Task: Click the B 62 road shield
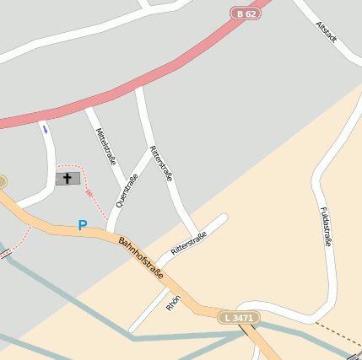[246, 13]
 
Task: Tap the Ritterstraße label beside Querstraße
[161, 164]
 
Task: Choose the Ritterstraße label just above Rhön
[188, 244]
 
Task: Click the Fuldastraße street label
[325, 226]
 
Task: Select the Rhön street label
[174, 302]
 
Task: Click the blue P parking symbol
[82, 225]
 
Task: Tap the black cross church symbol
[68, 179]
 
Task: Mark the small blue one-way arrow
[44, 129]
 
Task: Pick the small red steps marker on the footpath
[89, 193]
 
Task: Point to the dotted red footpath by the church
[100, 207]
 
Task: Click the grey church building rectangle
[76, 179]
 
